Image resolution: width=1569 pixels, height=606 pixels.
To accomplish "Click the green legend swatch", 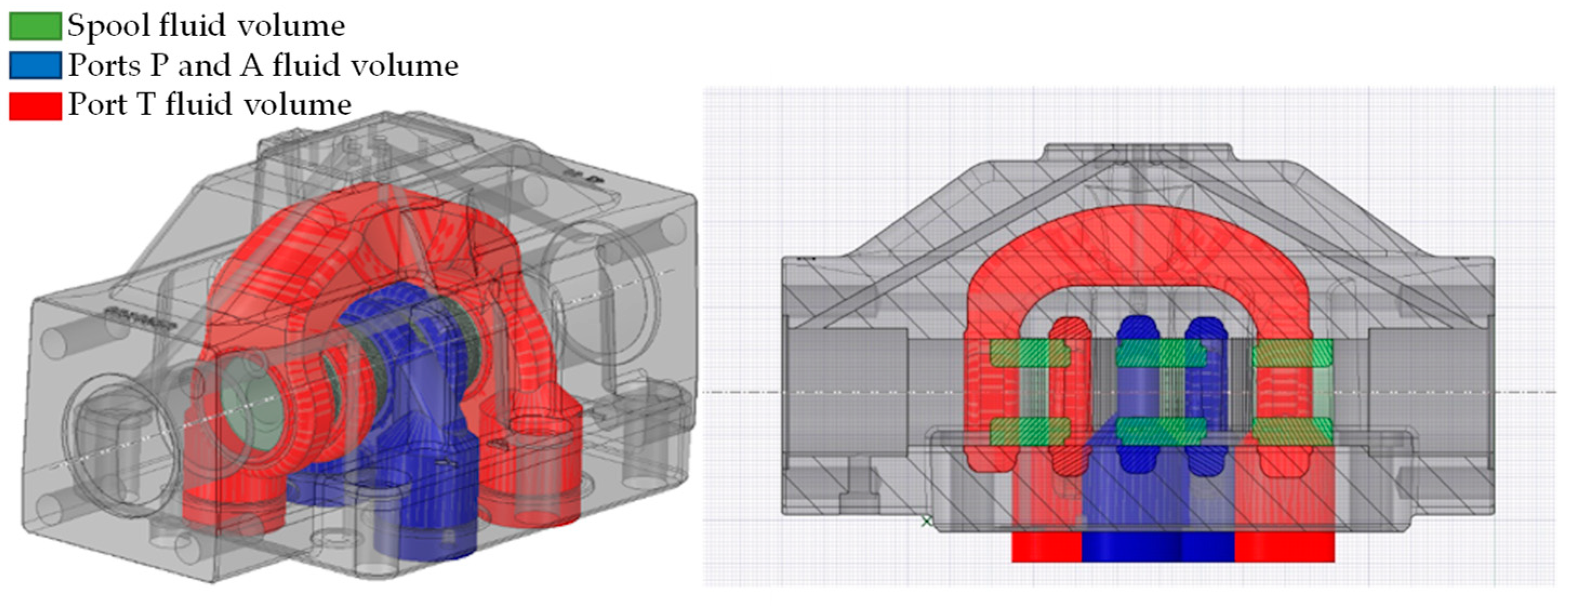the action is coord(35,26).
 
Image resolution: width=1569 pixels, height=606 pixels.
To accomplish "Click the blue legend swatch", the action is coord(35,66).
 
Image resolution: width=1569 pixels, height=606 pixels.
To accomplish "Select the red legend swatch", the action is coord(35,105).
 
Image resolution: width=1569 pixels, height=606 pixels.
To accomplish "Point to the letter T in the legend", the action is coord(146,105).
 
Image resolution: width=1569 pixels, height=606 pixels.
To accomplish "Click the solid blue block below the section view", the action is coord(1158,547).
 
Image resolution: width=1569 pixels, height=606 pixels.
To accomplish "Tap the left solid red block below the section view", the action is coord(1046,547).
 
